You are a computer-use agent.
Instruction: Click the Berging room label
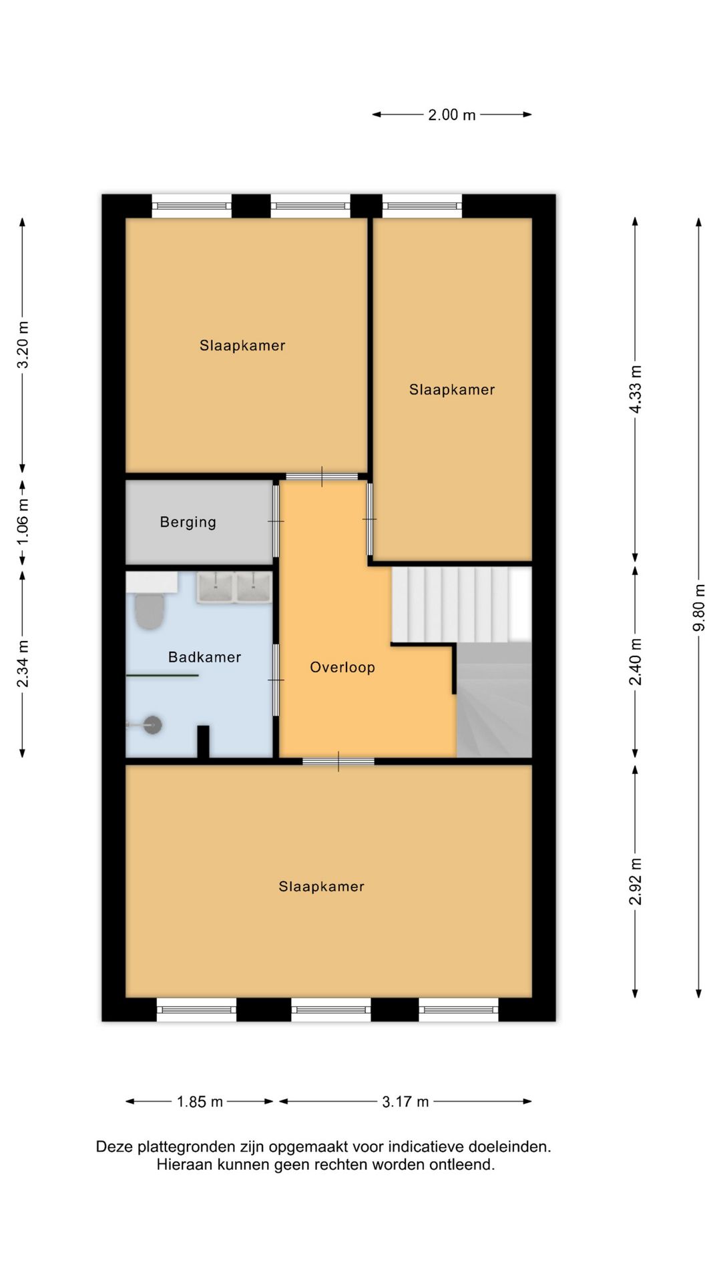click(188, 522)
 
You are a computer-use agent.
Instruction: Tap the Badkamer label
click(204, 657)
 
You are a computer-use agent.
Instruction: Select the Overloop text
click(342, 667)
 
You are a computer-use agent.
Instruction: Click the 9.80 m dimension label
click(699, 608)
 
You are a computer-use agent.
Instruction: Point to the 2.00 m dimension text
click(452, 115)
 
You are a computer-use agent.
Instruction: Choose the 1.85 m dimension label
click(200, 1102)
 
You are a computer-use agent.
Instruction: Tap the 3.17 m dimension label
click(405, 1102)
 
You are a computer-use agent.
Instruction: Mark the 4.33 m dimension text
click(636, 389)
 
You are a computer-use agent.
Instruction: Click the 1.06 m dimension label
click(23, 521)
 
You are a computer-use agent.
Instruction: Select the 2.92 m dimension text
click(636, 881)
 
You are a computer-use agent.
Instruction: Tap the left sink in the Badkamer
click(215, 588)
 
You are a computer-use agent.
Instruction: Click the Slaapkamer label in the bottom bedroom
click(321, 887)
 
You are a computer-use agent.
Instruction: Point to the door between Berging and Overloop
click(276, 521)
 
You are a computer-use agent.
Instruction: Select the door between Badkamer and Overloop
click(276, 680)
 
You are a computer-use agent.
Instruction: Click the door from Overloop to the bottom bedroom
click(338, 761)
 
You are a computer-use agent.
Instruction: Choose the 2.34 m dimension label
click(23, 664)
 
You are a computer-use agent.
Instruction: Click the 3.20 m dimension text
click(23, 345)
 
